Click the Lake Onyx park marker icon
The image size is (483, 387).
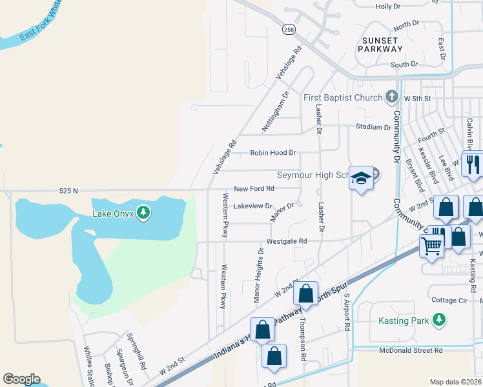point(143,212)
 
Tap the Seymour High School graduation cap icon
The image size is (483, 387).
point(362,178)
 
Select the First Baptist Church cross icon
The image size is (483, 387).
point(391,97)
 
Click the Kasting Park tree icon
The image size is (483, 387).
point(439,319)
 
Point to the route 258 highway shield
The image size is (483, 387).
point(287,30)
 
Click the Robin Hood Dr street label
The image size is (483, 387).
point(273,154)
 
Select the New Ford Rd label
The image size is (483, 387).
point(254,188)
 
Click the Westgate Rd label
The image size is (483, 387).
point(286,241)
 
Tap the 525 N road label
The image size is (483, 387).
point(68,191)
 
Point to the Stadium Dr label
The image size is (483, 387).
point(373,127)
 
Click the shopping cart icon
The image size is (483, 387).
point(431,244)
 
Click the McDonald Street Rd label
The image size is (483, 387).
point(411,350)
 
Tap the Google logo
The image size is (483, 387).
point(21,379)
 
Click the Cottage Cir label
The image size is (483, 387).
point(449,301)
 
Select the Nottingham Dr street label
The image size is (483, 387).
point(273,112)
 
